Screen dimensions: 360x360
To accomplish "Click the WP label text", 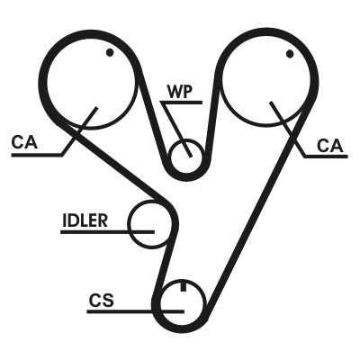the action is click(x=179, y=92).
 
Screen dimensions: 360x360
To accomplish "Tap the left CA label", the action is click(x=24, y=142).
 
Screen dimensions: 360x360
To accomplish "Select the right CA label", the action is click(x=329, y=146).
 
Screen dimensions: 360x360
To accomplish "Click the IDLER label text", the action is click(x=85, y=220).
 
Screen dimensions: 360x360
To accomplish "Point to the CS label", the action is click(x=102, y=301).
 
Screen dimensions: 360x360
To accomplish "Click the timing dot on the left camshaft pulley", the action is click(x=110, y=52).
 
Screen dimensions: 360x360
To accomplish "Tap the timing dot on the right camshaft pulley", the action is click(x=290, y=54).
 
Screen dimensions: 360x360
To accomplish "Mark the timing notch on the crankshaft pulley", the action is click(x=183, y=286).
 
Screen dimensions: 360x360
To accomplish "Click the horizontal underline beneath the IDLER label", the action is click(x=107, y=232).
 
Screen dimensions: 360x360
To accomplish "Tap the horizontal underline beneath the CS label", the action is click(x=135, y=311).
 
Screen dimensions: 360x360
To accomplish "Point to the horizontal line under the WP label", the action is click(x=181, y=103).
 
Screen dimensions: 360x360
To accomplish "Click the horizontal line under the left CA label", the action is click(x=37, y=155).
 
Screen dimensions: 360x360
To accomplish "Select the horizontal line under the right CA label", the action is click(x=327, y=157).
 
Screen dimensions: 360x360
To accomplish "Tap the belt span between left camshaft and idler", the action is click(x=114, y=164).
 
